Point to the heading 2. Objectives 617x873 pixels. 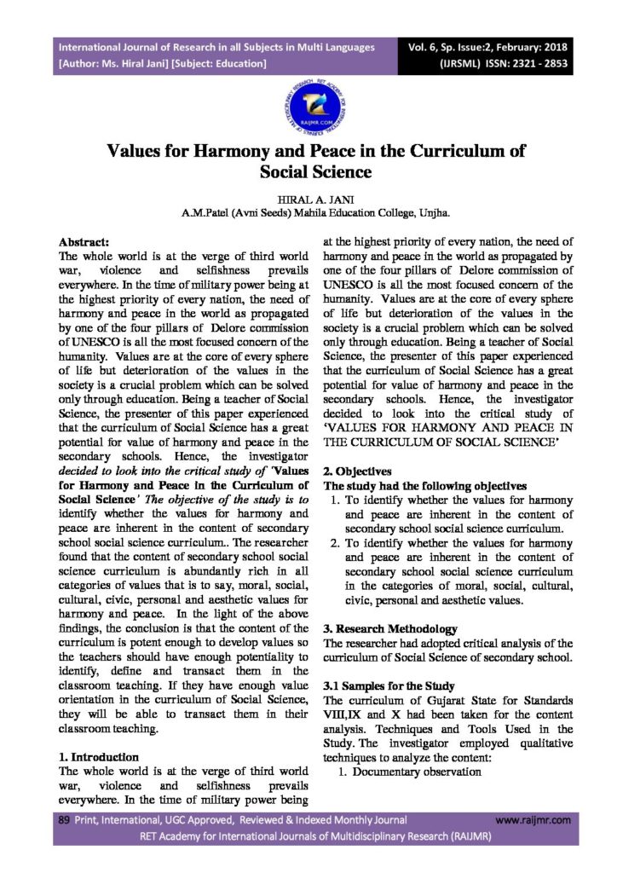357,471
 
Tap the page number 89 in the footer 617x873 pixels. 62,819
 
